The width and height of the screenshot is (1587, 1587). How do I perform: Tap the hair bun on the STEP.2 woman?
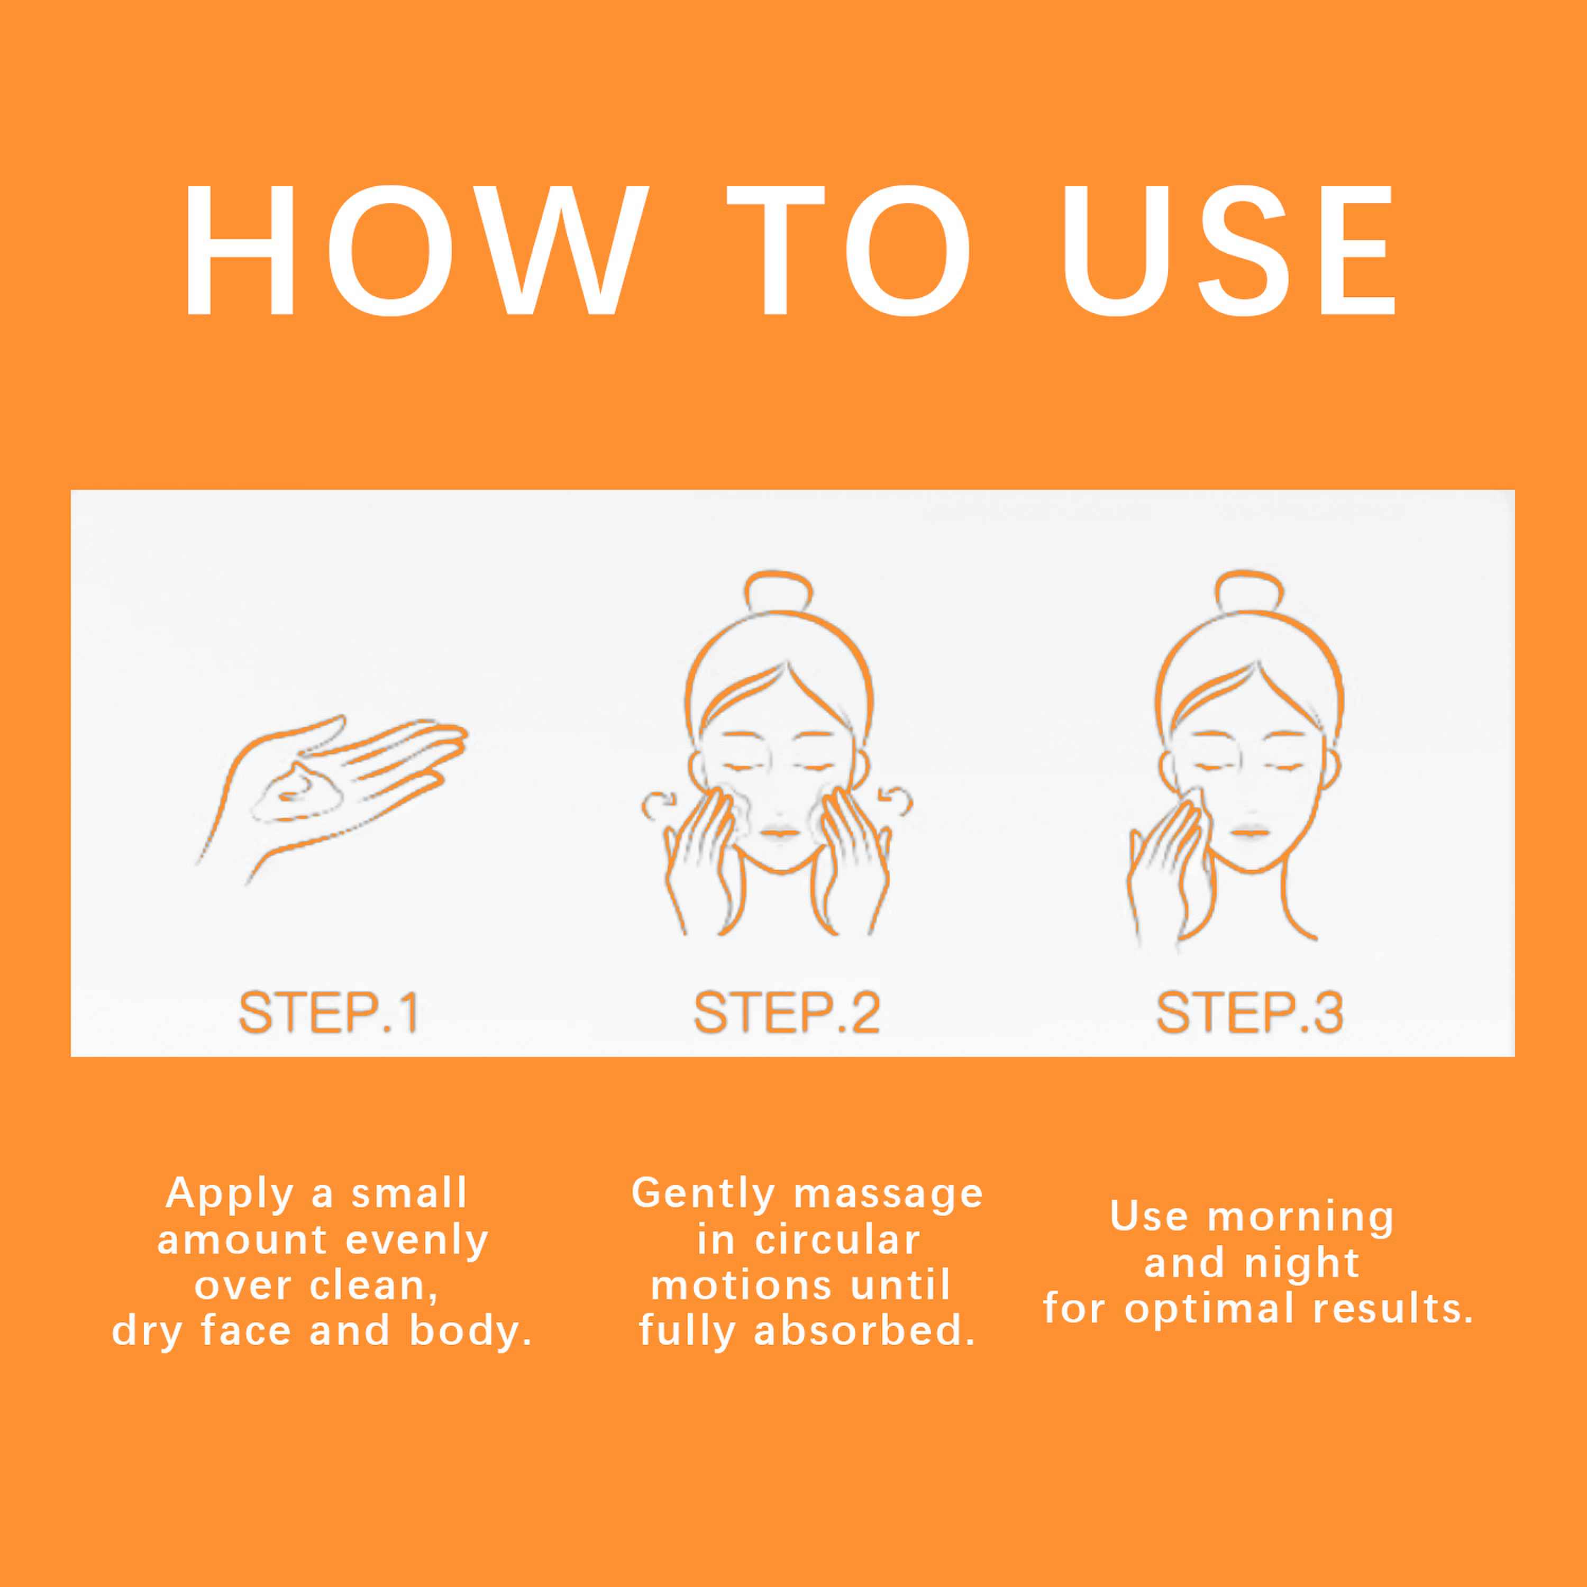coord(778,590)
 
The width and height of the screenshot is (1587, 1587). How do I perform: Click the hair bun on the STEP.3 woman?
coord(1248,590)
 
